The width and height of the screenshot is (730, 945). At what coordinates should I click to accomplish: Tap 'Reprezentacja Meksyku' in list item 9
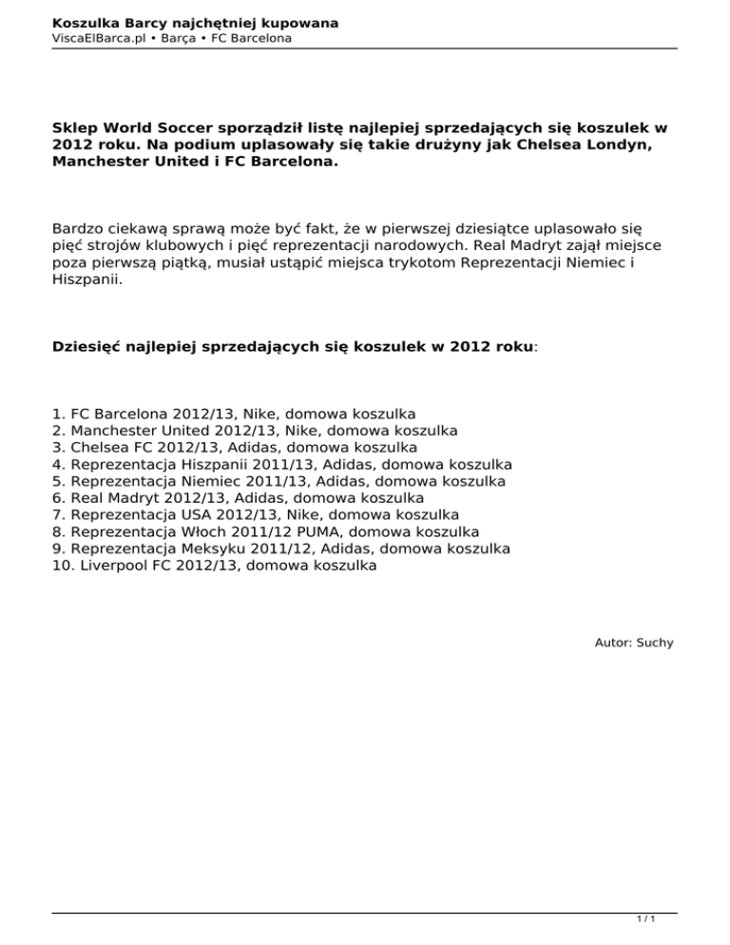tap(157, 549)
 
